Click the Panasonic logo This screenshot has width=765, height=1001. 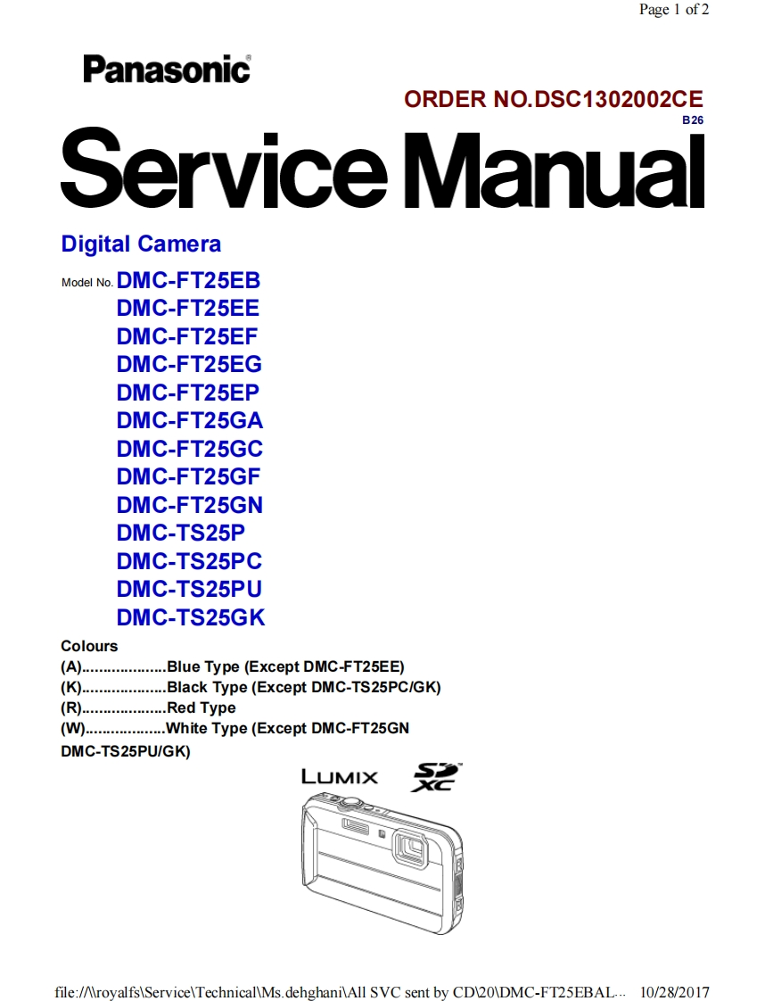coord(167,69)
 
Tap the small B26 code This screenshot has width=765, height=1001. coord(692,120)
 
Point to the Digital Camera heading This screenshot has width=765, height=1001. coord(141,244)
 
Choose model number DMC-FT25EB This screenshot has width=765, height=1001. coord(188,280)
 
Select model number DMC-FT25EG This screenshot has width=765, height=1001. coord(189,365)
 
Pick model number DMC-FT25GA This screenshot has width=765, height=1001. coord(190,421)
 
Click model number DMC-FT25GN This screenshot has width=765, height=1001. coord(190,505)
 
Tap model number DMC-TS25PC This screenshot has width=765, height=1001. coord(189,561)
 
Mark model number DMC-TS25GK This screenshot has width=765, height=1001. coord(191,617)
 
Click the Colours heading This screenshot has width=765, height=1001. coord(89,646)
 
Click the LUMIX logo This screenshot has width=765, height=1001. coord(340,776)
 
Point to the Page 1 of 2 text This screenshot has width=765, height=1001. coord(674,10)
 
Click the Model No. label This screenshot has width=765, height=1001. coord(86,283)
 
